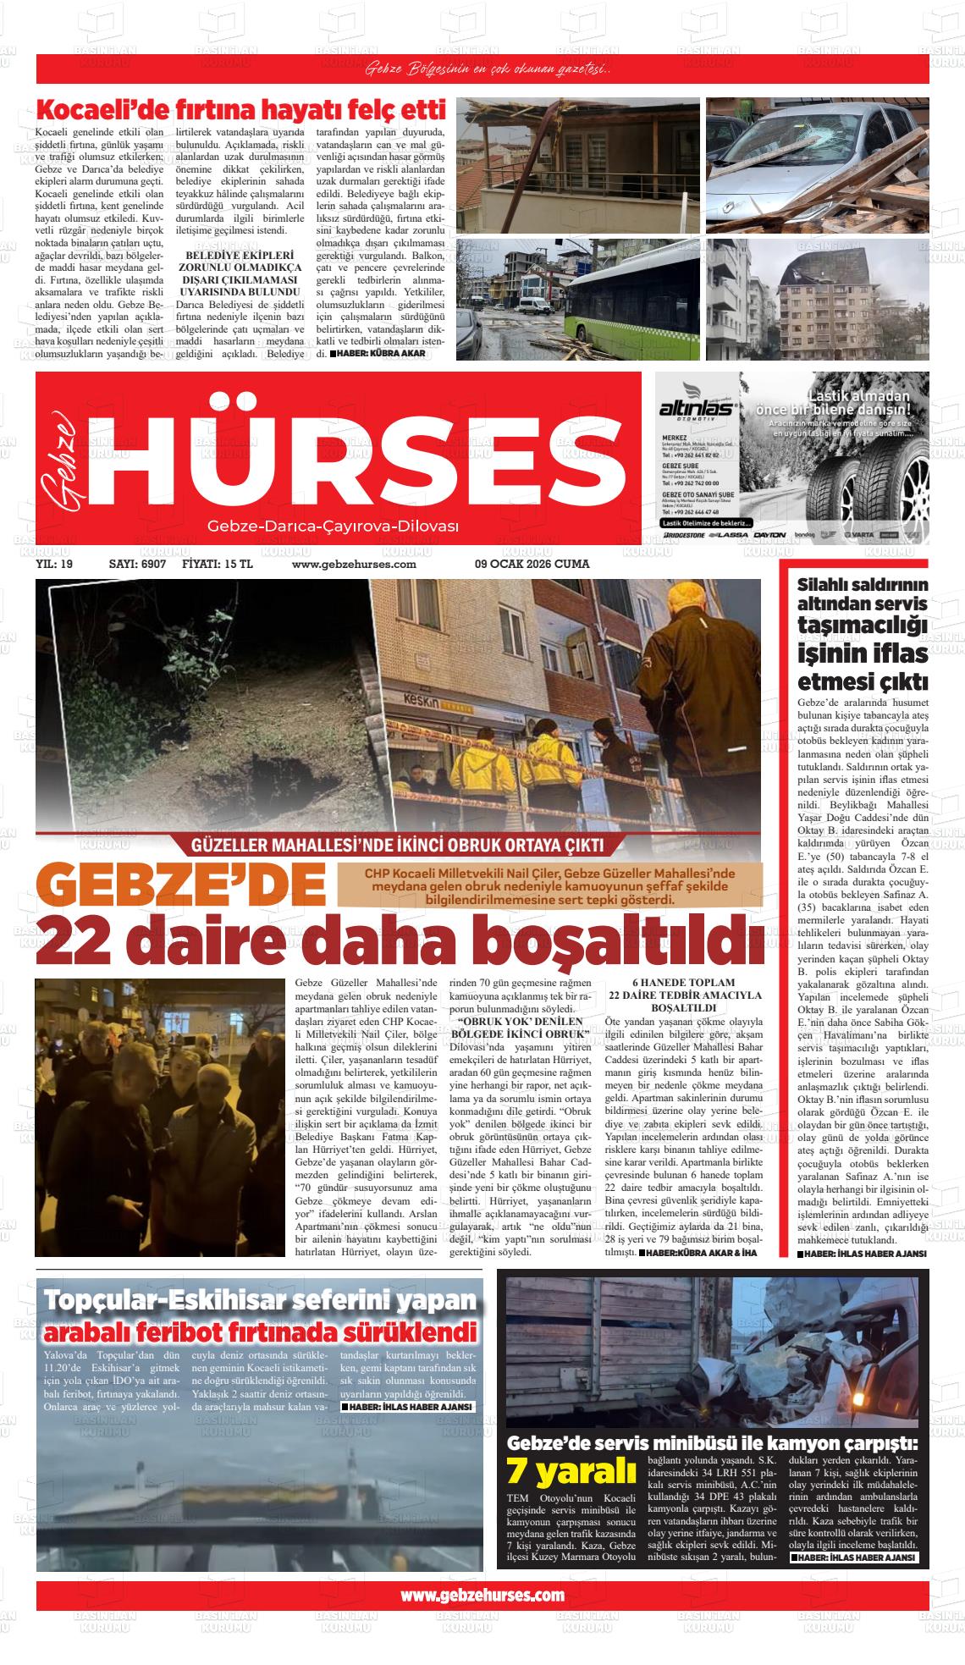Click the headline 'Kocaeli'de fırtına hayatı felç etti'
pyautogui.click(x=240, y=111)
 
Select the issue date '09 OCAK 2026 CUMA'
pyautogui.click(x=532, y=564)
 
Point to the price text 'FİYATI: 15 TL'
pyautogui.click(x=218, y=564)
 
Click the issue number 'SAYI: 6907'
pyautogui.click(x=137, y=564)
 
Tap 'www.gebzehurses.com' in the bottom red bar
pyautogui.click(x=482, y=1595)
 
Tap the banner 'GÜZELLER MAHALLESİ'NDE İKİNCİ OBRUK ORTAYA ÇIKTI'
pyautogui.click(x=398, y=845)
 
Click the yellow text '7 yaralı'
pyautogui.click(x=571, y=1471)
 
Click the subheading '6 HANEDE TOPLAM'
pyautogui.click(x=683, y=982)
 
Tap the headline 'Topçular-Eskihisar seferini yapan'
pyautogui.click(x=261, y=1301)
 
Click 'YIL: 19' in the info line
pyautogui.click(x=55, y=564)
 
